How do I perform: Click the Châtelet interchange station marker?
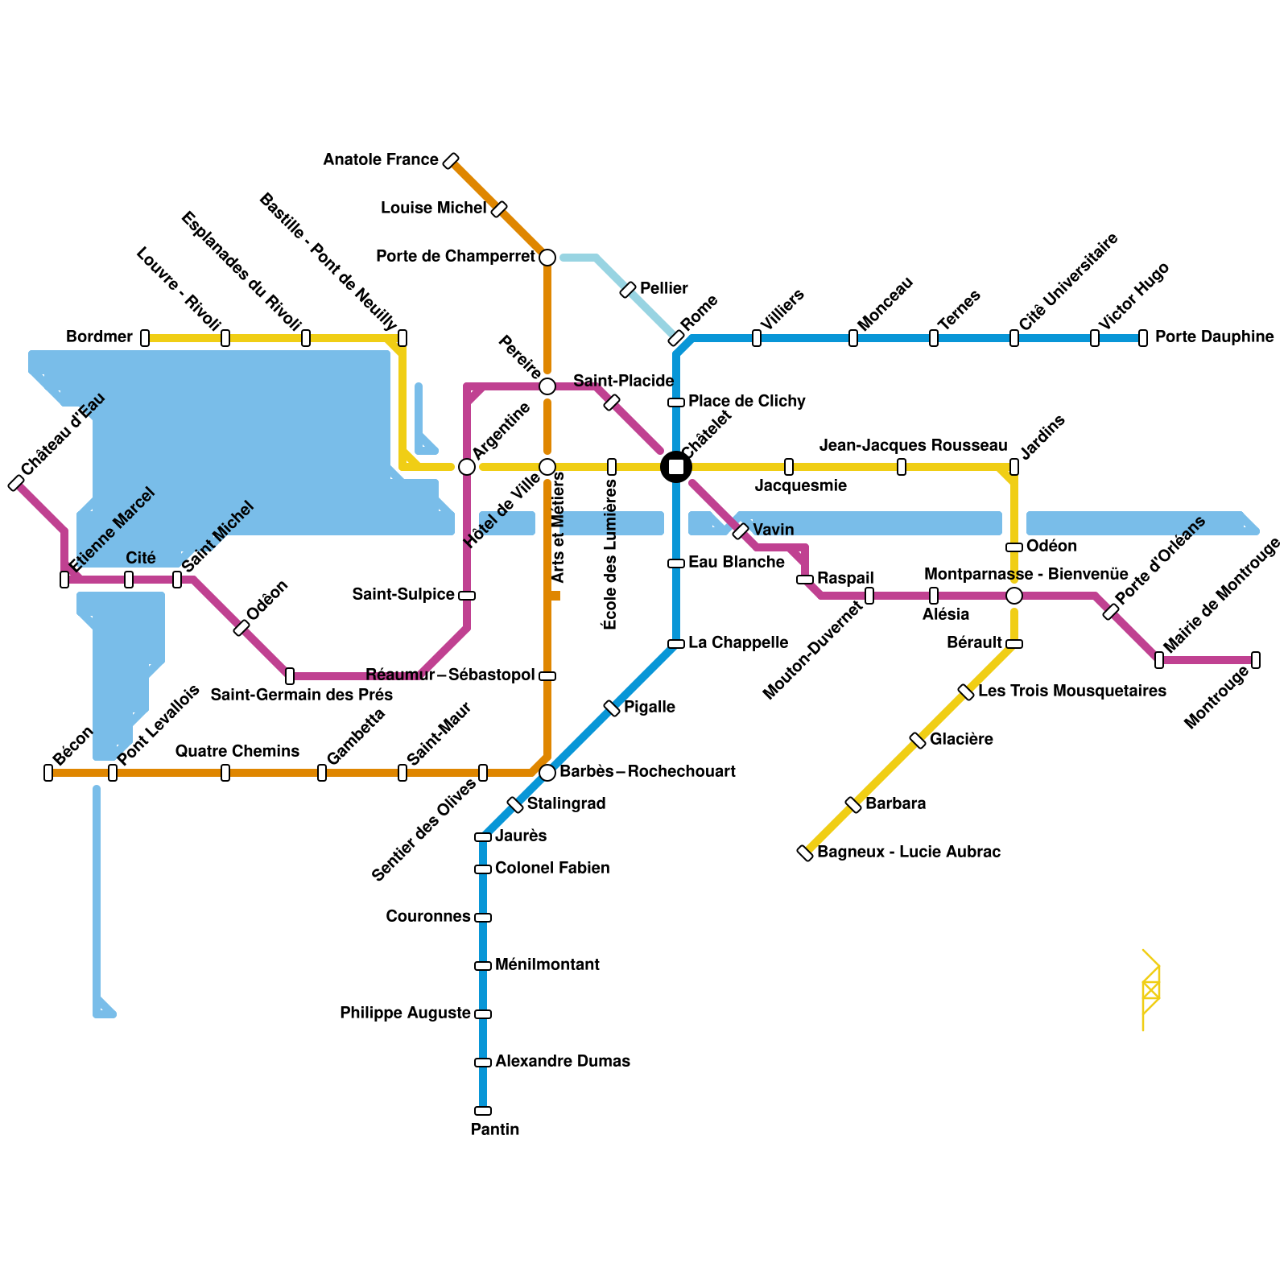click(676, 467)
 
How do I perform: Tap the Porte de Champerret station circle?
click(547, 258)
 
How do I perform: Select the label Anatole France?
click(381, 160)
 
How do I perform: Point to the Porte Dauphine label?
click(1214, 337)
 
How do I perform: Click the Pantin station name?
click(495, 1129)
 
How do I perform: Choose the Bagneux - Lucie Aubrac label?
click(909, 852)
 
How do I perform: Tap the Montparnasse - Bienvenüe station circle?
click(1014, 596)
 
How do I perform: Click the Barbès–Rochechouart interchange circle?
click(547, 773)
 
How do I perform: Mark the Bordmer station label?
click(99, 337)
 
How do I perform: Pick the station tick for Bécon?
click(48, 773)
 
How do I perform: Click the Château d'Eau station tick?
click(16, 483)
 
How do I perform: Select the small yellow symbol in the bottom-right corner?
click(1150, 990)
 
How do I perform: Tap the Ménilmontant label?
click(547, 965)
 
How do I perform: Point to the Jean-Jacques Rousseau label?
click(913, 446)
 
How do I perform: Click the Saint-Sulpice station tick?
click(467, 596)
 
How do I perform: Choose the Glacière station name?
click(961, 740)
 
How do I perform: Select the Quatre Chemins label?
click(237, 752)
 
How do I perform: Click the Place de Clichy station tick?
click(676, 402)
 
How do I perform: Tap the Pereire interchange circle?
click(547, 386)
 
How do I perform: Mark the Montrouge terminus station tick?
click(1256, 660)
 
